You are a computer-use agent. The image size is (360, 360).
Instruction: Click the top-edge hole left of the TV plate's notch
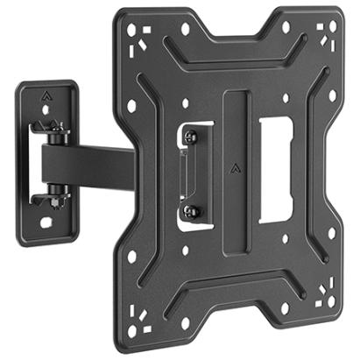[x=185, y=28]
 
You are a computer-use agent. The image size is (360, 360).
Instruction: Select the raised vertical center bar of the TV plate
[x=234, y=166]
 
